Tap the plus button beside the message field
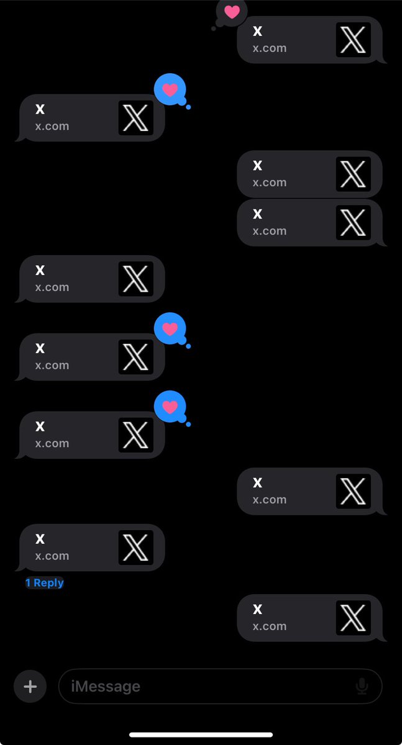coord(30,686)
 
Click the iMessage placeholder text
coord(106,687)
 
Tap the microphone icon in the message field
coord(362,686)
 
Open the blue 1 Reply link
coord(45,583)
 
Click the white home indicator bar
coord(201,735)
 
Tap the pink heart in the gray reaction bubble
coord(232,12)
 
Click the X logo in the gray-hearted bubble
coord(353,40)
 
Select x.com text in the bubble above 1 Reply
coord(52,556)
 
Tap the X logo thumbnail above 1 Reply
coord(135,548)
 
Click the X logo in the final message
coord(353,618)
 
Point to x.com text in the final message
coord(270,626)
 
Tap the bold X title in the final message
coord(258,610)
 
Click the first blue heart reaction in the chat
coord(170,90)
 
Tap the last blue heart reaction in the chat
coord(170,407)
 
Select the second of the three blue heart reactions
coord(170,329)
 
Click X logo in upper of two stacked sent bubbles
coord(353,174)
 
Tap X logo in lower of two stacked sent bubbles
coord(353,222)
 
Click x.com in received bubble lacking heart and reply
coord(52,287)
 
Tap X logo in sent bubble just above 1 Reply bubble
coord(353,491)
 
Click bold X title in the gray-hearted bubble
coord(258,32)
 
